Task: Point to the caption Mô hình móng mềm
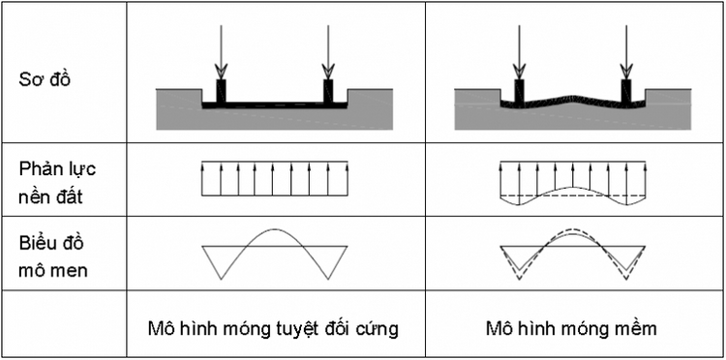tap(571, 328)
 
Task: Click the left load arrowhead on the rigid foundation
tap(222, 70)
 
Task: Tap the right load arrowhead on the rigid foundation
tap(329, 70)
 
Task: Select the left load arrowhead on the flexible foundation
tap(519, 70)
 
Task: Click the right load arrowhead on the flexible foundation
tap(626, 70)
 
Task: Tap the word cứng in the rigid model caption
tap(379, 328)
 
